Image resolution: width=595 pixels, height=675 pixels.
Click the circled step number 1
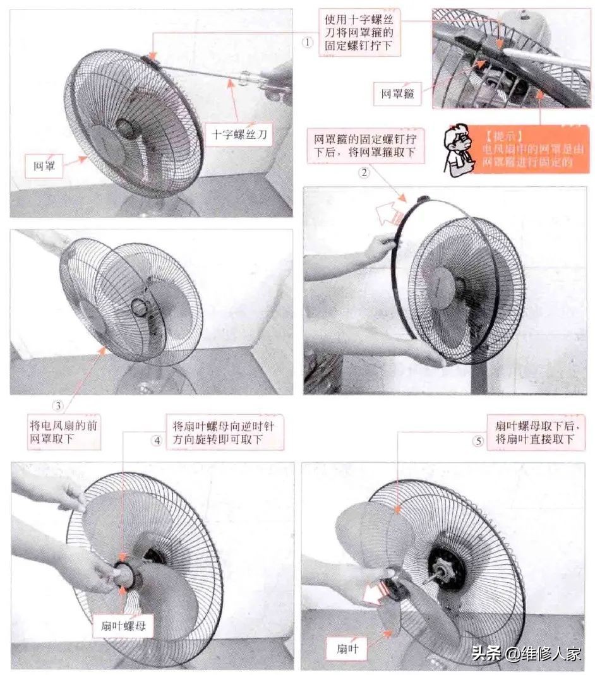click(x=308, y=42)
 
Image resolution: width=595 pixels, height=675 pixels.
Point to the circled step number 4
click(x=157, y=441)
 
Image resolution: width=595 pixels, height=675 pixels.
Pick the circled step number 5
click(x=478, y=441)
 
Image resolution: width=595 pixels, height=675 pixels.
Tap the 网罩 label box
click(x=45, y=167)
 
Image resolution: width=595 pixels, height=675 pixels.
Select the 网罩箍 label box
click(x=397, y=93)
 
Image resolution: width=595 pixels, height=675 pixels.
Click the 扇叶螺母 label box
click(x=123, y=626)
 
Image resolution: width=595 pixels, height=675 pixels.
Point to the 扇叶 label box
click(x=345, y=647)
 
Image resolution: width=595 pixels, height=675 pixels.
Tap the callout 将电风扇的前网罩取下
click(x=63, y=433)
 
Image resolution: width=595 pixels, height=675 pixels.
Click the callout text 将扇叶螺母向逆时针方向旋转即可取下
click(x=224, y=433)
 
